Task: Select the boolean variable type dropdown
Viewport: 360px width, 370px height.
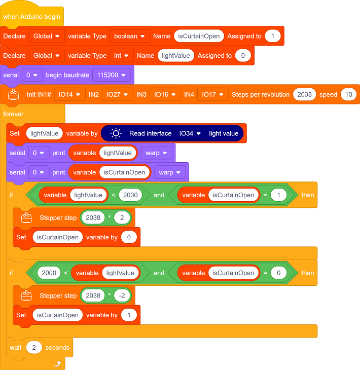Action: click(x=130, y=36)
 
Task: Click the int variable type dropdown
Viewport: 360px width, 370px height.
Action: click(x=121, y=56)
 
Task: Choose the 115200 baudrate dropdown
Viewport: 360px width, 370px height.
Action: click(x=112, y=75)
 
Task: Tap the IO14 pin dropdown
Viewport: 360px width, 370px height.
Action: click(x=69, y=95)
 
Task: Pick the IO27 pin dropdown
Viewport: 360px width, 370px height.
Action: click(x=117, y=95)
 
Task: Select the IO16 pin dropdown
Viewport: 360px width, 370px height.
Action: click(x=165, y=95)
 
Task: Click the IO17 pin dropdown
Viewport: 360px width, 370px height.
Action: click(x=212, y=95)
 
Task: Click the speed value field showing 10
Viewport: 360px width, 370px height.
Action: click(x=349, y=95)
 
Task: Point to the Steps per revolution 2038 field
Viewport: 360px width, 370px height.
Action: click(x=305, y=95)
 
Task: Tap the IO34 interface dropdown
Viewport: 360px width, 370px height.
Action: click(x=190, y=134)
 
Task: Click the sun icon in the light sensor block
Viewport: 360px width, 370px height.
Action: click(x=116, y=134)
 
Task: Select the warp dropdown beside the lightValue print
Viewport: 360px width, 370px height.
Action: click(x=156, y=153)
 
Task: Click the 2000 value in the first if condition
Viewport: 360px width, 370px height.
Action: click(x=130, y=195)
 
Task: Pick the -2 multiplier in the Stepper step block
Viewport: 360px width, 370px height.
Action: click(x=122, y=295)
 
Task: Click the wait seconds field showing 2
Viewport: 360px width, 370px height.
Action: click(x=34, y=347)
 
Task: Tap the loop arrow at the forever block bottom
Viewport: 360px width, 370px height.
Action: click(x=58, y=363)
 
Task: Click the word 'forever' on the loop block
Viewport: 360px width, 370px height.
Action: click(x=13, y=114)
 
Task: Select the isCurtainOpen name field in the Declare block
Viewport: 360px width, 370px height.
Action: click(x=199, y=36)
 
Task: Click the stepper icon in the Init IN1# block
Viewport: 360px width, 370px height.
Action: click(x=14, y=94)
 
